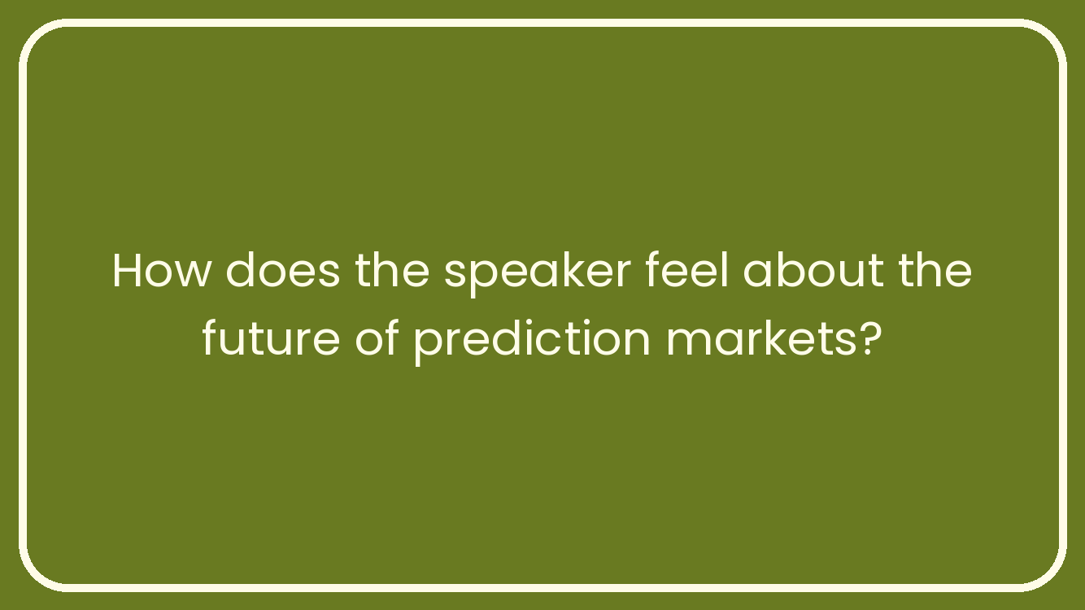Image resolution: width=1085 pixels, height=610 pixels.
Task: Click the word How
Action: [x=161, y=270]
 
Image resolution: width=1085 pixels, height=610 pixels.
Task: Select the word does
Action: [x=282, y=270]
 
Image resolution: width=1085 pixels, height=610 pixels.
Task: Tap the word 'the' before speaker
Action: [x=392, y=270]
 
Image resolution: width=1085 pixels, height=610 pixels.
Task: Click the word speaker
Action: [x=537, y=274]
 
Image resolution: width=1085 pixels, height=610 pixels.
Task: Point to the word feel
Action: [x=686, y=269]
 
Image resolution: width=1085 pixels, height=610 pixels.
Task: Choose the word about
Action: [x=813, y=270]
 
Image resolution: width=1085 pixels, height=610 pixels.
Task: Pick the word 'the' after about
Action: [x=935, y=270]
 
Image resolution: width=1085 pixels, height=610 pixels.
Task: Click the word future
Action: [x=272, y=338]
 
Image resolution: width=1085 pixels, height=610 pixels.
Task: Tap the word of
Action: [x=377, y=338]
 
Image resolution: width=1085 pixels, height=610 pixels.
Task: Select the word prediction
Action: [x=532, y=341]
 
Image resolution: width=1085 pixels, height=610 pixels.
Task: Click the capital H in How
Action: [x=129, y=271]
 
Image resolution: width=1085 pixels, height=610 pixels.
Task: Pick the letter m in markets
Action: [x=688, y=342]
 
